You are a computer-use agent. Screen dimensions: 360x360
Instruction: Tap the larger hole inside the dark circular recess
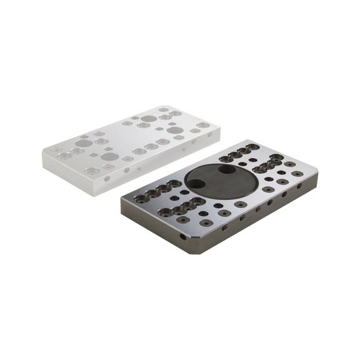click(196, 184)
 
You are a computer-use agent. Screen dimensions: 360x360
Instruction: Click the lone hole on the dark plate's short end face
click(182, 237)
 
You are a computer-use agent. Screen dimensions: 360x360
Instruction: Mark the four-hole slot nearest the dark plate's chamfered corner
click(182, 207)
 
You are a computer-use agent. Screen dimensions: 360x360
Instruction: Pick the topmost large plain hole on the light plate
click(149, 118)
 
